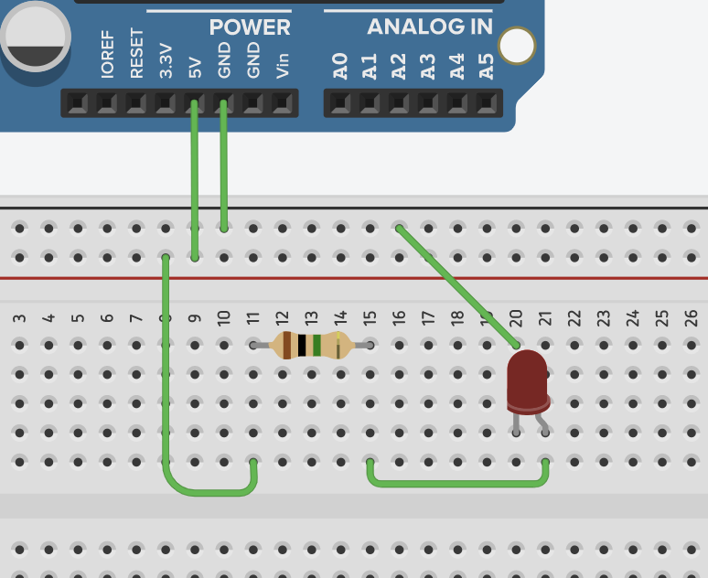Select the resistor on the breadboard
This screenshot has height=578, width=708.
click(311, 345)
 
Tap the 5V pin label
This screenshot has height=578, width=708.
click(195, 66)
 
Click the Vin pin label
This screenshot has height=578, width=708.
click(283, 64)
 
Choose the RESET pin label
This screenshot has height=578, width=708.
click(136, 55)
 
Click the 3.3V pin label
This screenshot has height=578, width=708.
click(166, 59)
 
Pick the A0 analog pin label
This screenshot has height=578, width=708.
click(340, 65)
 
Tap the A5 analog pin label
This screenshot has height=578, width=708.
click(487, 65)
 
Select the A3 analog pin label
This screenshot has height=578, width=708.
click(428, 65)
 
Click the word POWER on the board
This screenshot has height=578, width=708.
click(250, 27)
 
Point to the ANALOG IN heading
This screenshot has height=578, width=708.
click(430, 27)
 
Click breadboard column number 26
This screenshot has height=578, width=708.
click(692, 318)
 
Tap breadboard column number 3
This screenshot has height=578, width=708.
click(20, 318)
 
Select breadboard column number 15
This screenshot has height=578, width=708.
click(370, 318)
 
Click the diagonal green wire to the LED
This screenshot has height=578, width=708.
click(457, 286)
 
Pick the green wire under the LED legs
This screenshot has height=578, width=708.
click(457, 482)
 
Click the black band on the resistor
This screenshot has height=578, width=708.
click(302, 345)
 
